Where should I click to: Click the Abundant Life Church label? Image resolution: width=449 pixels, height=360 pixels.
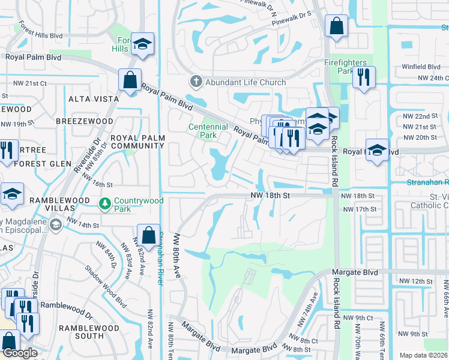246,82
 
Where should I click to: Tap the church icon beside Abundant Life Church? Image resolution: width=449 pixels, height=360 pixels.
196,82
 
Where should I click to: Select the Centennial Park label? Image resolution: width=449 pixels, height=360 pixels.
208,130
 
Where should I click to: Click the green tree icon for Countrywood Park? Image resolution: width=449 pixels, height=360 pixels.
105,204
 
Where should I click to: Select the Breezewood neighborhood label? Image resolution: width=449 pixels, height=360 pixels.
85,121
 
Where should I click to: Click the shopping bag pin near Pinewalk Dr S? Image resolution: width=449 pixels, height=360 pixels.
336,26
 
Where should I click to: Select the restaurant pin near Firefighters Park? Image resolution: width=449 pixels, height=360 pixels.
364,77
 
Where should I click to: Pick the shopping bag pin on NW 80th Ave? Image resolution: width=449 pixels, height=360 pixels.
148,236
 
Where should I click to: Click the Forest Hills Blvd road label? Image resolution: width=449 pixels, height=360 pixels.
40,31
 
